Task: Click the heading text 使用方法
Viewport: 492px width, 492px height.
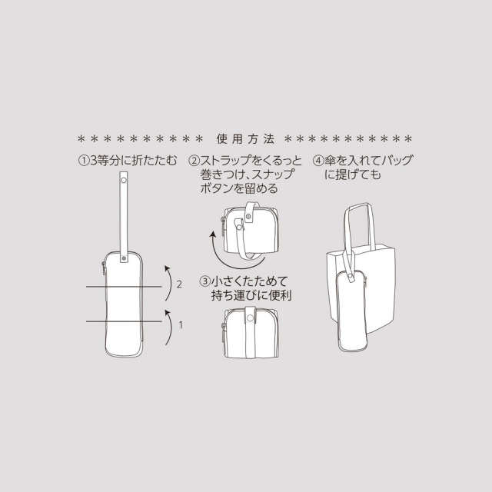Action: [x=245, y=139]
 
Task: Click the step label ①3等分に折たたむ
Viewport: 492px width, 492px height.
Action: [x=128, y=161]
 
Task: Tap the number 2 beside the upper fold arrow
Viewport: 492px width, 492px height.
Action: [x=178, y=284]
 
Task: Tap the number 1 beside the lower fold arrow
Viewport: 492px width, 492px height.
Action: [x=180, y=324]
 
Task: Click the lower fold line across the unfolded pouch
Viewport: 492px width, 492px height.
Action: [x=123, y=320]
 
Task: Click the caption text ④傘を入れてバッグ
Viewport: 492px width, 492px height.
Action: [x=362, y=161]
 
